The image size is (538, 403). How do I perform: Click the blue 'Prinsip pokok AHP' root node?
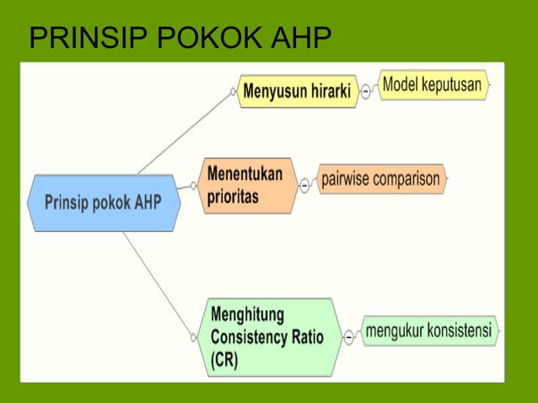[x=103, y=203]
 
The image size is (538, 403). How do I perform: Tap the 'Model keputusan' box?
[x=433, y=85]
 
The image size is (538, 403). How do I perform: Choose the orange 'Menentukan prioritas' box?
[x=246, y=185]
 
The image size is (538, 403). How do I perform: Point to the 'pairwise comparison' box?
[x=380, y=180]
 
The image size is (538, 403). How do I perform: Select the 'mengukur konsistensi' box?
[x=428, y=330]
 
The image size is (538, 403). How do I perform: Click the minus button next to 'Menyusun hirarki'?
[x=366, y=92]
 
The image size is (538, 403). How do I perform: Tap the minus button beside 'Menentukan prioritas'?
[x=304, y=185]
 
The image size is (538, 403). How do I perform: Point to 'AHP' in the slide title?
[x=299, y=40]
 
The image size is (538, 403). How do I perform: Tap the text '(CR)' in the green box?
[x=225, y=360]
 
